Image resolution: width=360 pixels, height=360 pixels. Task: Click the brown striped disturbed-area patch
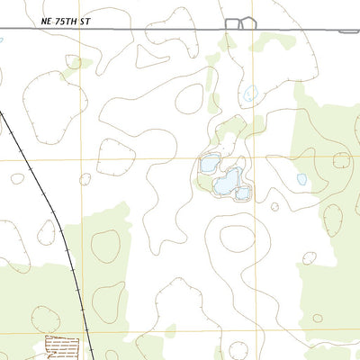[62, 346]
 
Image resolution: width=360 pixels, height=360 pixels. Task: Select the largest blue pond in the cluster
[225, 181]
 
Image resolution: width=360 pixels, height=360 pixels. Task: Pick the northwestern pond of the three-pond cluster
[209, 164]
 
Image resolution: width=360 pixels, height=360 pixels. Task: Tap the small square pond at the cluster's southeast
[242, 193]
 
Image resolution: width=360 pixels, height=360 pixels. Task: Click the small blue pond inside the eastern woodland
[301, 179]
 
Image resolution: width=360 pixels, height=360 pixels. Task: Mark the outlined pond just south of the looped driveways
[251, 92]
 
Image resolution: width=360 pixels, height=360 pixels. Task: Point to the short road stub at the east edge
[348, 31]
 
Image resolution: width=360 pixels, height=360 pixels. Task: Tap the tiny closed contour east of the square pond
[274, 205]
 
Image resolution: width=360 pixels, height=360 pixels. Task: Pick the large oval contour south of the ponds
[237, 238]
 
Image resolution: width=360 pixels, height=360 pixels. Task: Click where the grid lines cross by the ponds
[253, 158]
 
